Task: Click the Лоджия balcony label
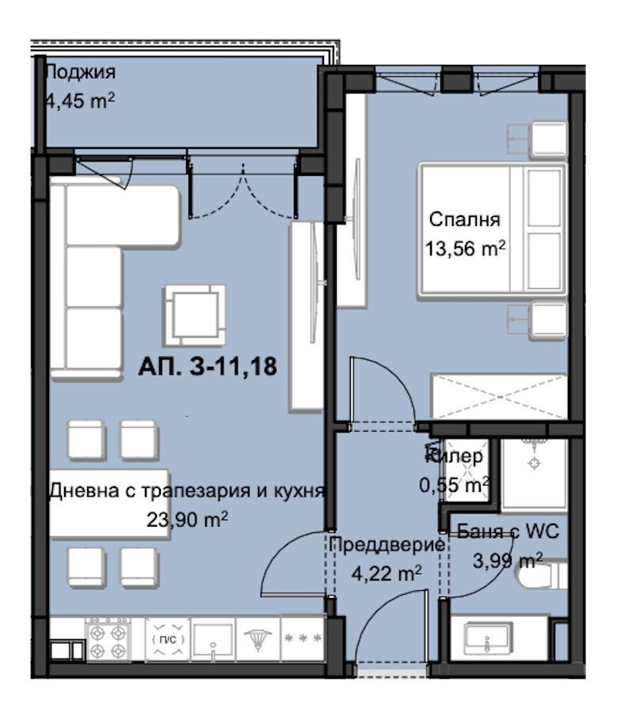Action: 81,72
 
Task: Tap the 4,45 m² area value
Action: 81,101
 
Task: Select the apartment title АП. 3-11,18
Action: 208,366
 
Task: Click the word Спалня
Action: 465,219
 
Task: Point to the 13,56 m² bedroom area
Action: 465,249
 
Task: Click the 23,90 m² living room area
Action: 187,520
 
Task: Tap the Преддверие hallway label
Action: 387,544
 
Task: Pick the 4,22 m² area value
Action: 387,573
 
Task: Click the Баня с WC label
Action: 508,531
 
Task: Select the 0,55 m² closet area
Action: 455,485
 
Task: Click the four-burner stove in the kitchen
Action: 108,640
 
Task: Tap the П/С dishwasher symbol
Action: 168,640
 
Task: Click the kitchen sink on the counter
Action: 213,639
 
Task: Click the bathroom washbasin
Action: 487,638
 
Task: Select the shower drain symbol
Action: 534,463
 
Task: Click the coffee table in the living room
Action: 195,315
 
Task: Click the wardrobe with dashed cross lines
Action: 499,397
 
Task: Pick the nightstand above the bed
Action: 548,139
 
